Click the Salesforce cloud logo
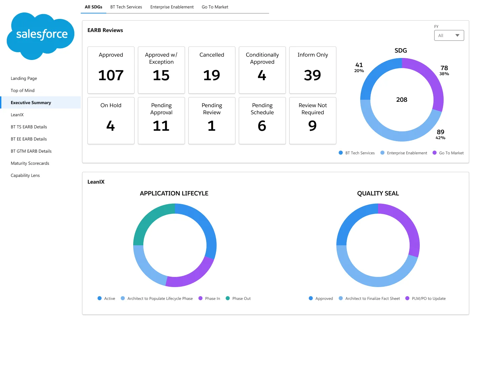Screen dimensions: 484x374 [x=40, y=36]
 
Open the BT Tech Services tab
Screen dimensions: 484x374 [x=126, y=7]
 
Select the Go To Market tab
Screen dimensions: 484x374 [x=215, y=7]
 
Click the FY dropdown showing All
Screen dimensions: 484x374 [x=449, y=35]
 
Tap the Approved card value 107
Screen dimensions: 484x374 [x=111, y=75]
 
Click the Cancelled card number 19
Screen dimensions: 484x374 [x=211, y=75]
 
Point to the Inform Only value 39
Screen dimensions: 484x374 [x=312, y=75]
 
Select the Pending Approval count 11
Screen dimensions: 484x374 [x=161, y=126]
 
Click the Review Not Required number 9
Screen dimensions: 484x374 [x=312, y=126]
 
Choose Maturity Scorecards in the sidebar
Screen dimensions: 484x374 [x=30, y=163]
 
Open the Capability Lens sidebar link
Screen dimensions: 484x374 [x=25, y=175]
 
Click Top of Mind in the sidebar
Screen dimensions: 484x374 [x=23, y=90]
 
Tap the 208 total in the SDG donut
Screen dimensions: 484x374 [x=402, y=99]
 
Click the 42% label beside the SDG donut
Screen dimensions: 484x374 [x=440, y=138]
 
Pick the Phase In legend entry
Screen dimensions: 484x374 [x=209, y=299]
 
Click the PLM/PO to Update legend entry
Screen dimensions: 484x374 [x=425, y=299]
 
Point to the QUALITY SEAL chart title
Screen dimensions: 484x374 [x=378, y=193]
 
